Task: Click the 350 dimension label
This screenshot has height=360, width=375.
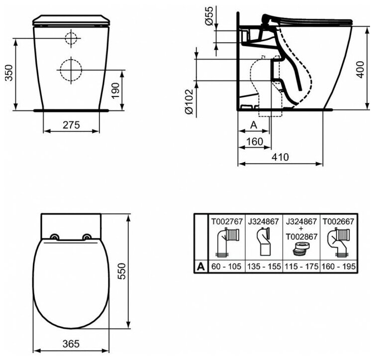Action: tap(9, 73)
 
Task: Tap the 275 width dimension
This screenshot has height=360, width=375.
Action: tap(71, 125)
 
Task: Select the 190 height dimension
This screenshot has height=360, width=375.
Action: tap(115, 90)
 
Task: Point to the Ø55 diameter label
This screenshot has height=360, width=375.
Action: tap(208, 15)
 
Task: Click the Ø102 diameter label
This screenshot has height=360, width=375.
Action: tap(189, 101)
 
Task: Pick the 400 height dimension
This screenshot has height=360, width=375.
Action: tap(360, 70)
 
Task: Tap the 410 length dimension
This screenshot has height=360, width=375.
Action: tap(281, 157)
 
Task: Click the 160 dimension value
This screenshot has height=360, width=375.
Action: tap(255, 142)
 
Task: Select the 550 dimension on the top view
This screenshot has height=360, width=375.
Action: tap(122, 271)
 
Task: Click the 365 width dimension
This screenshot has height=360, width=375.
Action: tap(71, 344)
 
